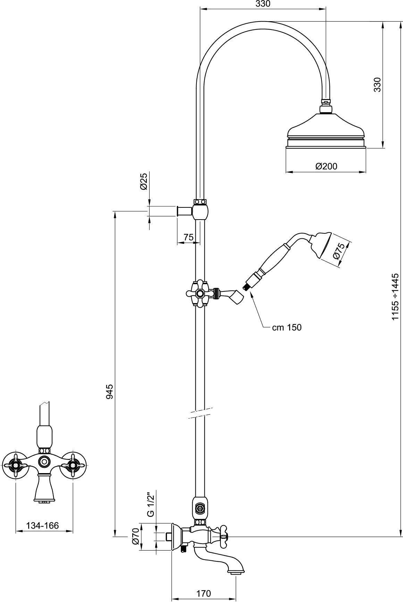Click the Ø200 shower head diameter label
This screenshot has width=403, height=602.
(326, 166)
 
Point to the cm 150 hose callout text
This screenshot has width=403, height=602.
(287, 327)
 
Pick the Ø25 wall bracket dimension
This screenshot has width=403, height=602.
(144, 181)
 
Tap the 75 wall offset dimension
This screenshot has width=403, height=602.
(188, 237)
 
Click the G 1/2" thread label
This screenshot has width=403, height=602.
(150, 504)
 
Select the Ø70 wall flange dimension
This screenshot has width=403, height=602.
(136, 536)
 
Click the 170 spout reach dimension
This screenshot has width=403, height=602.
(203, 593)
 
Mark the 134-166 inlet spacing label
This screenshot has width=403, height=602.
(43, 526)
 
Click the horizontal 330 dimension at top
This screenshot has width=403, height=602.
(263, 4)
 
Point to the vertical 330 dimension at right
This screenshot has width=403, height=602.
(377, 84)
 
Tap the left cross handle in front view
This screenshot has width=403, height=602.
(16, 463)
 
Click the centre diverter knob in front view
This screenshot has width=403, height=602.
(44, 461)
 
